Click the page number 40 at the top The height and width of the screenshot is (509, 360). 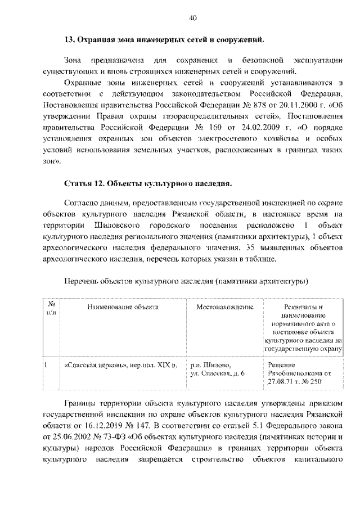(x=192, y=18)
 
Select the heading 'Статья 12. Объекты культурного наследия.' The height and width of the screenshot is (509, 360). (x=148, y=183)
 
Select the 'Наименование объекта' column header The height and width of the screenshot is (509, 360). (x=122, y=307)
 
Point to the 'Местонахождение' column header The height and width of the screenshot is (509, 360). (x=224, y=307)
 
